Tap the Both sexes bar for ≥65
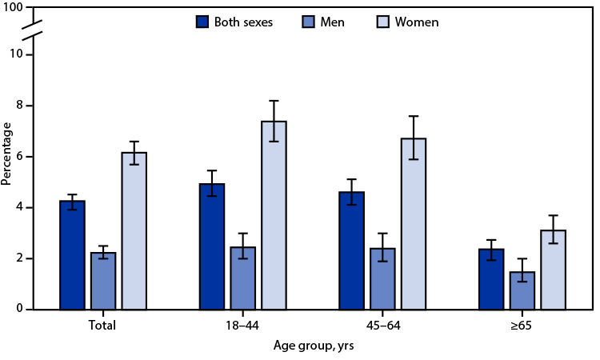coord(492,279)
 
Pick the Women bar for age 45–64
coord(414,224)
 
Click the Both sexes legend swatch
coord(202,22)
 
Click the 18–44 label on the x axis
coord(242,326)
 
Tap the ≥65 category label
coord(524,326)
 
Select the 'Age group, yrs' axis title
coord(313,346)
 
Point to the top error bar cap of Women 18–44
coord(274,101)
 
